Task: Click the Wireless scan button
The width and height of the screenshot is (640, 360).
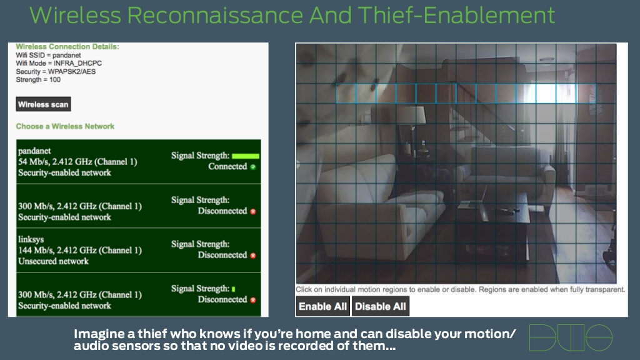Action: click(43, 104)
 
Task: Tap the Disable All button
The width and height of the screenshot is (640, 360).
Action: click(381, 306)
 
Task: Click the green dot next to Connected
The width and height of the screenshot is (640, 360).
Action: click(253, 167)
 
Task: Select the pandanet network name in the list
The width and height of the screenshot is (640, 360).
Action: click(34, 151)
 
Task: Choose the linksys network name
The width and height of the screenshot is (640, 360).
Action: click(31, 239)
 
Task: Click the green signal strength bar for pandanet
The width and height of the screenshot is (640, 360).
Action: click(245, 156)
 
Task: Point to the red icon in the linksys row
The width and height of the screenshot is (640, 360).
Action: click(253, 256)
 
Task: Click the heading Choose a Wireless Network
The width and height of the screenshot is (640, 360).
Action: click(65, 126)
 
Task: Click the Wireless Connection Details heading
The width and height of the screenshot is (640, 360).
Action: click(67, 46)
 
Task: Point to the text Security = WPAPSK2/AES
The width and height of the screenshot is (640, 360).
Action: click(56, 71)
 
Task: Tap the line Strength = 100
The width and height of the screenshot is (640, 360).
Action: click(38, 79)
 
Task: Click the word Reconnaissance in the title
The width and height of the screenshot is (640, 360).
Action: click(215, 15)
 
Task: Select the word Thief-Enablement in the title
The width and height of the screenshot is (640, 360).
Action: click(456, 15)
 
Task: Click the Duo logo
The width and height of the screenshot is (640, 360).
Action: click(571, 337)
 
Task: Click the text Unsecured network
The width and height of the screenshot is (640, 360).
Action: click(53, 261)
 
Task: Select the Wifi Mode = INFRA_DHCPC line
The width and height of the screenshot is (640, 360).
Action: click(59, 63)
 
